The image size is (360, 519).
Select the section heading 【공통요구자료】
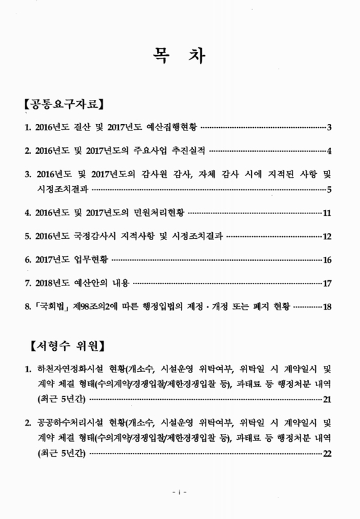(x=64, y=103)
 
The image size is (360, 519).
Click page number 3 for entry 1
(x=330, y=127)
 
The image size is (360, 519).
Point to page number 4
(x=330, y=151)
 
